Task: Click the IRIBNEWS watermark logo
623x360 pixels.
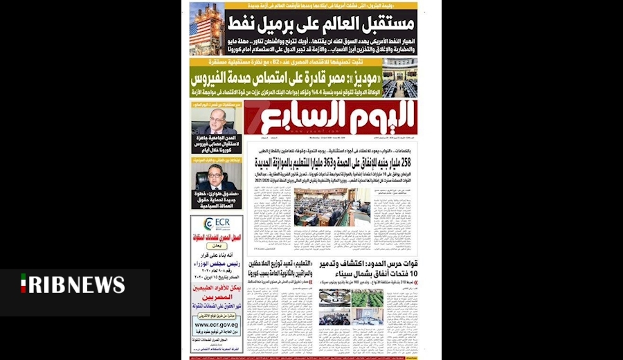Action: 72,284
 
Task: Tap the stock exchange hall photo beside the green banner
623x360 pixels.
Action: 400,77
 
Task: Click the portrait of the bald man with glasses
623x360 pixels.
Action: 213,120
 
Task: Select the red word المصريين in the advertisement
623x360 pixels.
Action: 216,302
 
